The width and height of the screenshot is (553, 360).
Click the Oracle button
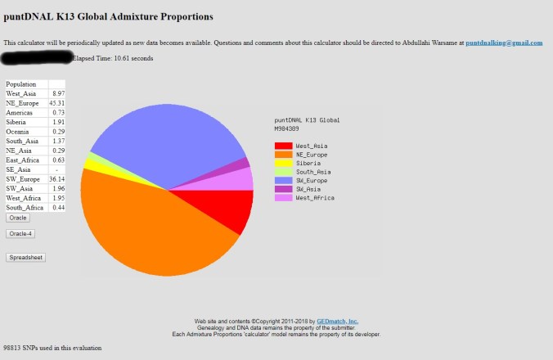coord(18,218)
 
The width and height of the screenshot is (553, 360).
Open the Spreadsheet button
coord(25,257)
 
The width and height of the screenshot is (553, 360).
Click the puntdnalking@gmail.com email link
coord(504,43)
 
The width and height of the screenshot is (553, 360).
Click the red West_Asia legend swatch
coord(282,146)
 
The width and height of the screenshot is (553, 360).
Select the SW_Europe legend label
coord(312,180)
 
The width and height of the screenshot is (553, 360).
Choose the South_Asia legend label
coord(313,172)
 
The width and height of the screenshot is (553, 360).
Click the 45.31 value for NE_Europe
coord(56,103)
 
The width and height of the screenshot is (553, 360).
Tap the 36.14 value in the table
coord(56,178)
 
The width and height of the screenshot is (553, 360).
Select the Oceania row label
coord(18,131)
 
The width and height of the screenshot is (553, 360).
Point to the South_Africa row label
coord(25,208)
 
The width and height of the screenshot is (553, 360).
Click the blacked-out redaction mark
coord(37,58)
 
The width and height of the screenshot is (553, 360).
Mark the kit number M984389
coord(286,128)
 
